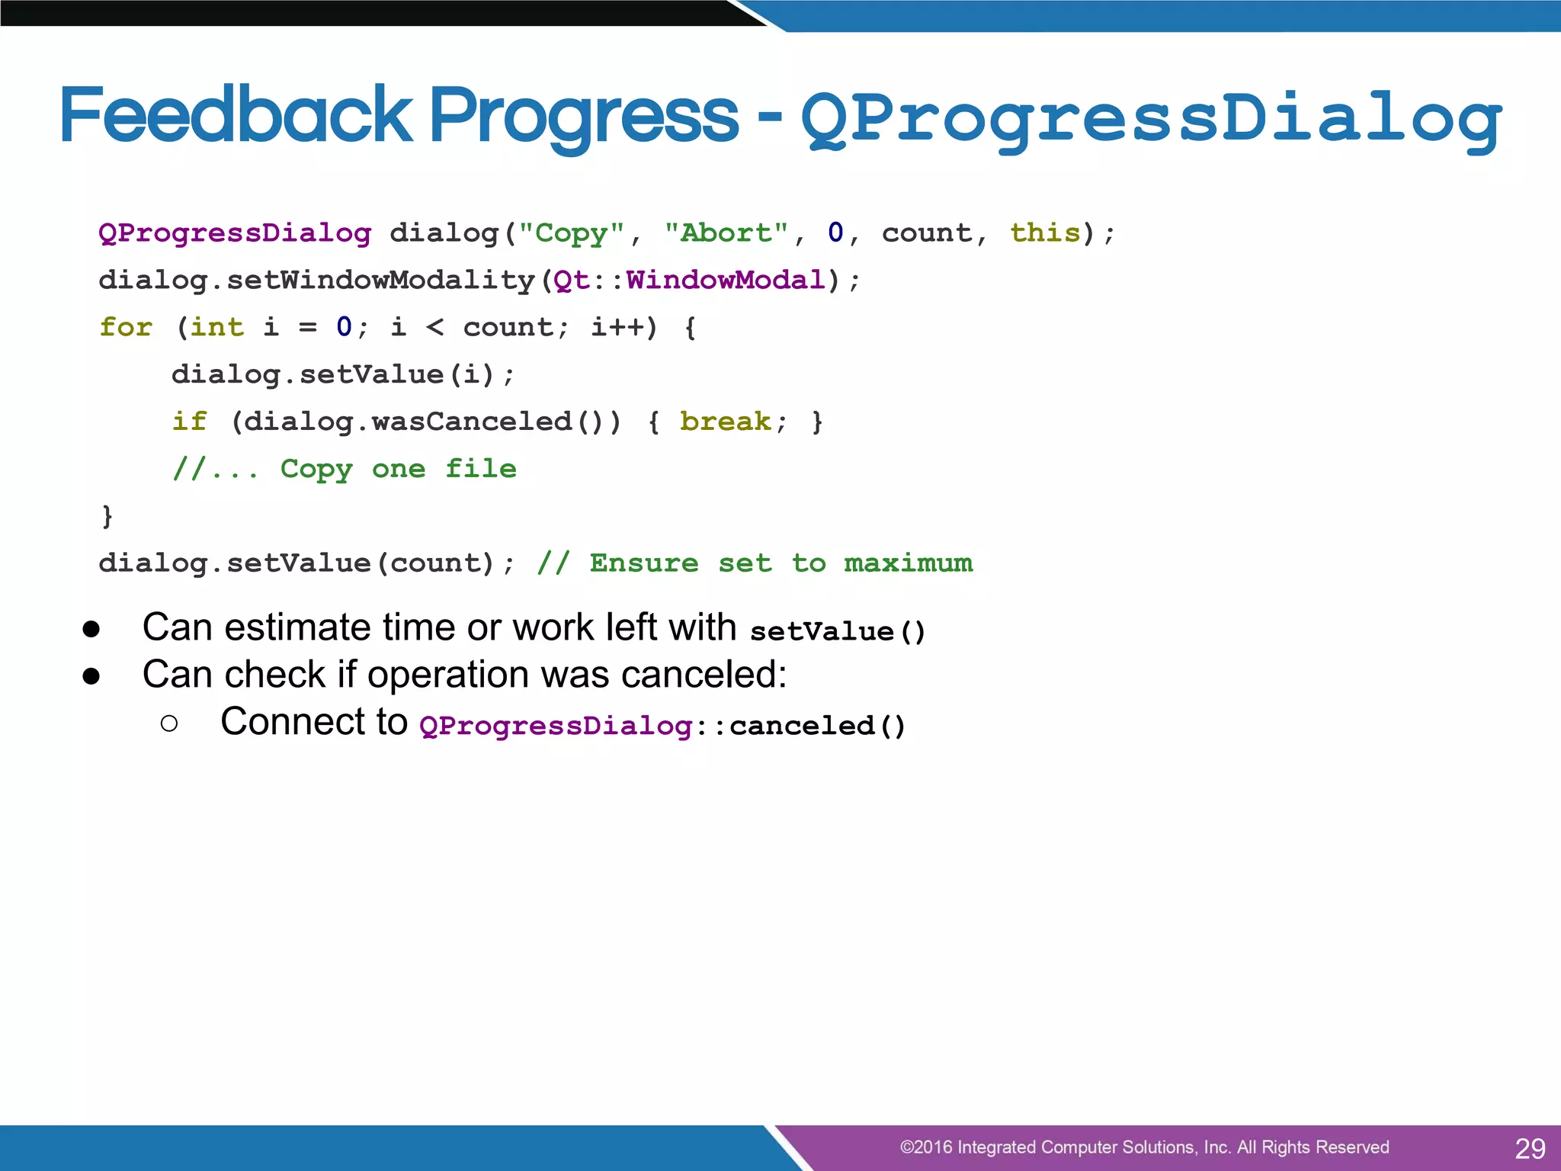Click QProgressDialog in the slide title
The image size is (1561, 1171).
point(1151,120)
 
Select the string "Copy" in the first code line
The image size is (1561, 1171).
point(572,233)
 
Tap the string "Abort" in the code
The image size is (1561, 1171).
point(726,233)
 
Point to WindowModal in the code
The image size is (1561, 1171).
point(726,280)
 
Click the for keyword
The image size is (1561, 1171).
point(126,327)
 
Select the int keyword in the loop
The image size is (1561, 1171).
point(216,327)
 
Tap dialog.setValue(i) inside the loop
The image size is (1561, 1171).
point(334,374)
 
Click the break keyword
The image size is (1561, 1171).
point(726,422)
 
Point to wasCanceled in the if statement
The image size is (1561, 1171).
point(473,422)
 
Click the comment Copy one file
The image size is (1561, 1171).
point(398,469)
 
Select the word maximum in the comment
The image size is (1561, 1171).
point(908,563)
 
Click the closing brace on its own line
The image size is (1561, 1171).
point(107,516)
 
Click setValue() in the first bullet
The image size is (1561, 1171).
point(837,632)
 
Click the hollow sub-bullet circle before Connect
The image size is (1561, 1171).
point(169,723)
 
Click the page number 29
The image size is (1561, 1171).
point(1530,1148)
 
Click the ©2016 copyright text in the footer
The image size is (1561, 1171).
point(1143,1147)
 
